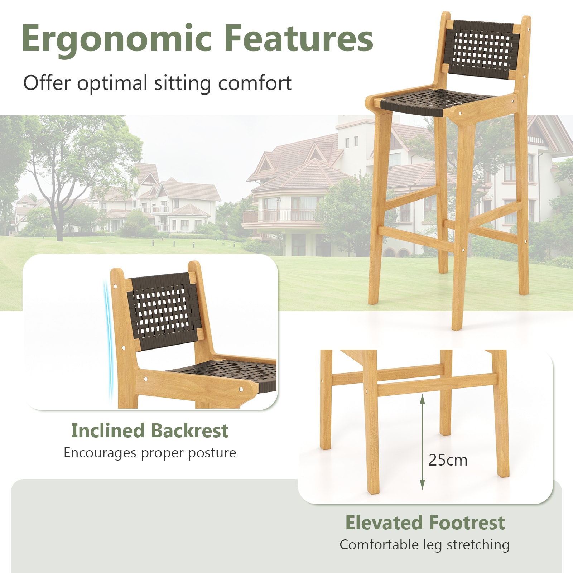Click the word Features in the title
299,39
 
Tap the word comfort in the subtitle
255,83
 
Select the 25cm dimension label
448,460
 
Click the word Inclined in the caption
107,431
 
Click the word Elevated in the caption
384,523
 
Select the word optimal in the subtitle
112,83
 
